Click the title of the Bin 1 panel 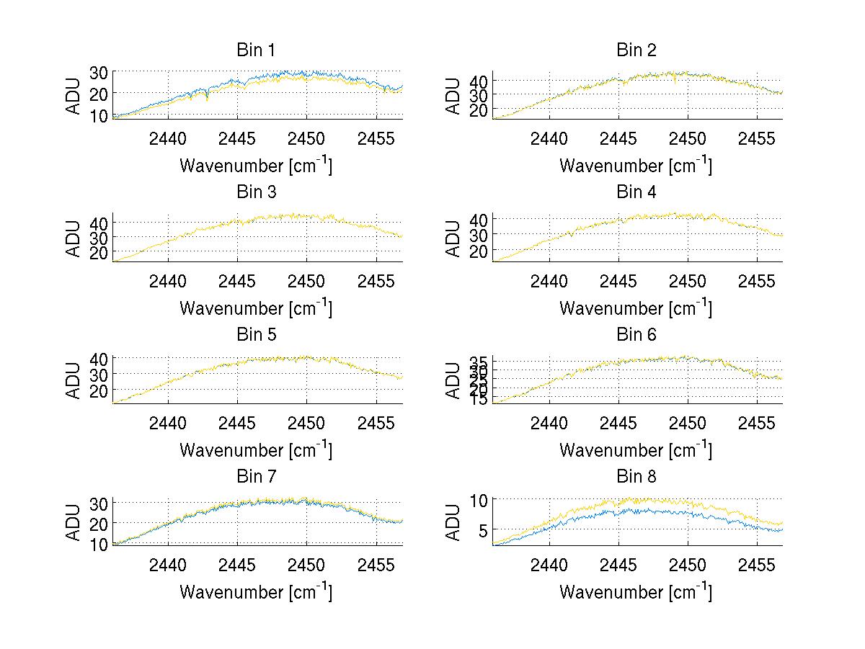[256, 50]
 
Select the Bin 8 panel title [636, 477]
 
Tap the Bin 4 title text [636, 192]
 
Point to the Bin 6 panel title [636, 335]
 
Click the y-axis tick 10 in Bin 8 [479, 500]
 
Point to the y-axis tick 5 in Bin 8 [484, 530]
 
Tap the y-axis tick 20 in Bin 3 [99, 252]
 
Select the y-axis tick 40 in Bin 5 [99, 359]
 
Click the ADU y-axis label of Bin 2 [453, 94]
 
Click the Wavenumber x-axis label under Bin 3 [256, 308]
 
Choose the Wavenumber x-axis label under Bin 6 [636, 449]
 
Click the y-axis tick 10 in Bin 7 [99, 544]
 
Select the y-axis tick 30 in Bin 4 [479, 235]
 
